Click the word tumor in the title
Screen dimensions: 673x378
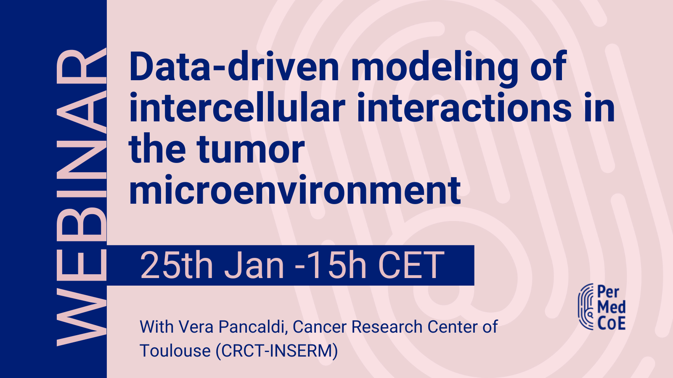click(251, 150)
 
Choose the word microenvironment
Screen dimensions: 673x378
click(295, 190)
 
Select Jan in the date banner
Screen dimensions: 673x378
click(254, 265)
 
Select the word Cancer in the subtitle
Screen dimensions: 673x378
click(320, 327)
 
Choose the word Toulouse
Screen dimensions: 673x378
click(175, 351)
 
